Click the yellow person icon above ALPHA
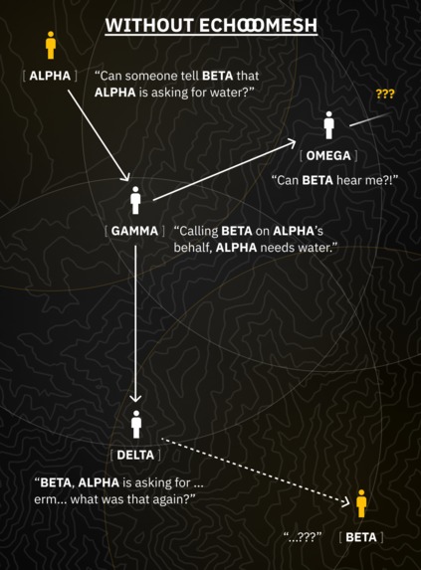(x=50, y=45)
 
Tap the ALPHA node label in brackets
(x=50, y=76)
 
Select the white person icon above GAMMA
(x=135, y=199)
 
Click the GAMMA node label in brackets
(x=135, y=230)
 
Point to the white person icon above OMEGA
(x=328, y=125)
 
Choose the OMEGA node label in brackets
(x=328, y=156)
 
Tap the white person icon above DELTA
(x=136, y=422)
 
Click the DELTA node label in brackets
(x=136, y=455)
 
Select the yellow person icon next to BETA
(x=361, y=503)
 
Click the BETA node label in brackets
(x=361, y=537)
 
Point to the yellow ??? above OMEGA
(x=385, y=95)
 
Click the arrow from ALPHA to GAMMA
(x=98, y=134)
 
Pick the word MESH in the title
(x=290, y=25)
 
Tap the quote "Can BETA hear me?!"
(x=334, y=180)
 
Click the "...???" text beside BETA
(x=303, y=537)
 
